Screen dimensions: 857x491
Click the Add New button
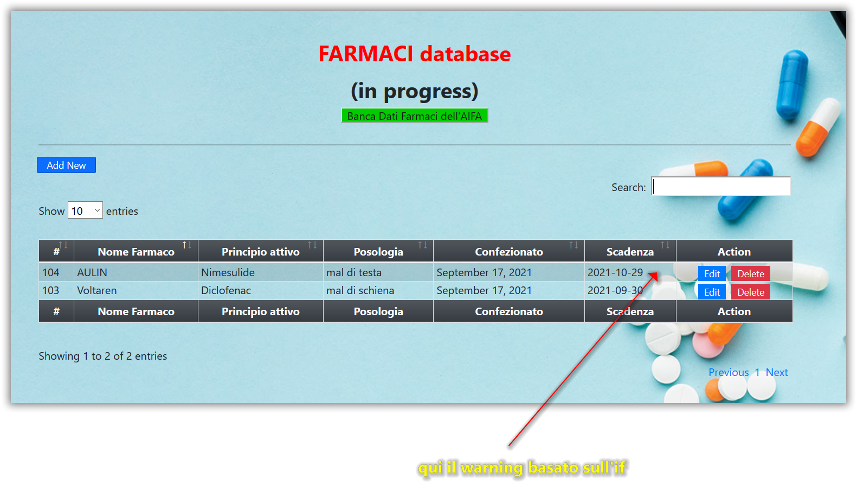[x=66, y=165]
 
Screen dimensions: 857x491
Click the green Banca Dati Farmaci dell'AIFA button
[x=414, y=116]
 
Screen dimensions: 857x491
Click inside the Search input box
[x=721, y=187]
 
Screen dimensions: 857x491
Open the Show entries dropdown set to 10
[x=85, y=211]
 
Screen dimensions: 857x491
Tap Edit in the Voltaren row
[x=712, y=292]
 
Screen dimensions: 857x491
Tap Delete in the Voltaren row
[x=751, y=292]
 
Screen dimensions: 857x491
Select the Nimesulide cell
[x=261, y=272]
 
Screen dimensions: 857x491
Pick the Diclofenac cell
[x=261, y=290]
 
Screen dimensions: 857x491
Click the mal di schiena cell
[x=378, y=290]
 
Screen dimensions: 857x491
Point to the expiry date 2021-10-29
[x=615, y=272]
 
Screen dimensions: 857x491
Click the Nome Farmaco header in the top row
[x=136, y=252]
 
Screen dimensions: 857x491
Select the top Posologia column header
[x=378, y=252]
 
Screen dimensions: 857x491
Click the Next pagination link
[x=777, y=372]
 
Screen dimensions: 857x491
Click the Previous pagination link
[x=729, y=372]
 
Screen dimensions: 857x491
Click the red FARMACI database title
[x=414, y=54]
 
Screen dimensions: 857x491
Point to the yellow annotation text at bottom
[x=522, y=468]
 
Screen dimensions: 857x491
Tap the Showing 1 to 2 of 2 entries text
[x=102, y=356]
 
